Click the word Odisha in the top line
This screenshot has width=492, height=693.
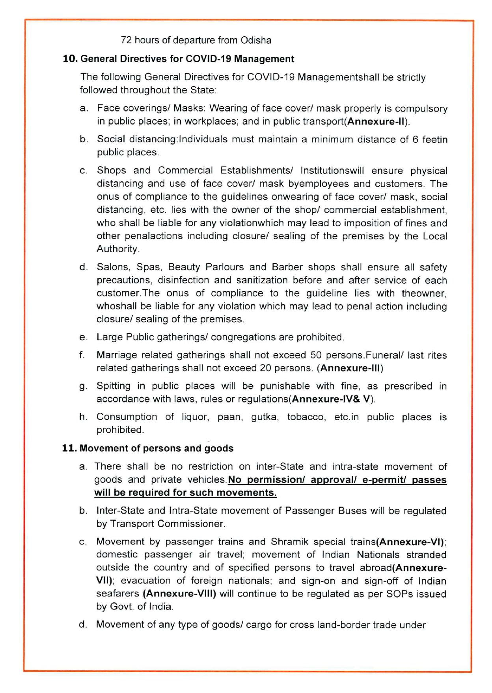(256, 40)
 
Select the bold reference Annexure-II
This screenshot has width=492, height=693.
(377, 121)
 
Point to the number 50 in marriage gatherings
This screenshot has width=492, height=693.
(316, 355)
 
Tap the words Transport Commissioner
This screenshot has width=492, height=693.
(168, 524)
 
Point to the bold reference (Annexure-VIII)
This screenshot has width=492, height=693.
(179, 594)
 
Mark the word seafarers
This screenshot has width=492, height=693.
(117, 594)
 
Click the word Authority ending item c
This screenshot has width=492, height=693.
(117, 249)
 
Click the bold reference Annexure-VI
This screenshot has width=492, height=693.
(410, 542)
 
